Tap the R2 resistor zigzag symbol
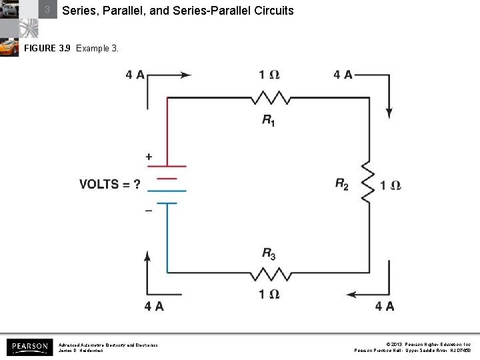pyautogui.click(x=367, y=181)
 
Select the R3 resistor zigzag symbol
pyautogui.click(x=271, y=273)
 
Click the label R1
pyautogui.click(x=269, y=120)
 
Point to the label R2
pyautogui.click(x=342, y=185)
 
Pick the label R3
pyautogui.click(x=269, y=253)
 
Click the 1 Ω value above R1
pyautogui.click(x=269, y=75)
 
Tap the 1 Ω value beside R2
pyautogui.click(x=391, y=185)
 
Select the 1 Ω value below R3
pyautogui.click(x=269, y=294)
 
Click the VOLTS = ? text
pyautogui.click(x=109, y=184)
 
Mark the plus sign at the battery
pyautogui.click(x=149, y=157)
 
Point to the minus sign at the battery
pyautogui.click(x=149, y=209)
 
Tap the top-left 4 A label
pyautogui.click(x=135, y=75)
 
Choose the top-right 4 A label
pyautogui.click(x=343, y=75)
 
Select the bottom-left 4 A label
pyautogui.click(x=154, y=306)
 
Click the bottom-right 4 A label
pyautogui.click(x=385, y=306)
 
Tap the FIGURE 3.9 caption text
pyautogui.click(x=71, y=49)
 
